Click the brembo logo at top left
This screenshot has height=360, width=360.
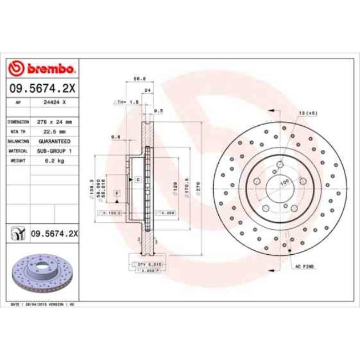(43, 69)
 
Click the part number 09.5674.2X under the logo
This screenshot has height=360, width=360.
(43, 88)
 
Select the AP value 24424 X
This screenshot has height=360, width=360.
(55, 102)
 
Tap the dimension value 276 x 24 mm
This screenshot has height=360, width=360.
(55, 121)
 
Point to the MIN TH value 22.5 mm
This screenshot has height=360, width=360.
(55, 131)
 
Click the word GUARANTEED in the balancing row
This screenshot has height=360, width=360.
(55, 141)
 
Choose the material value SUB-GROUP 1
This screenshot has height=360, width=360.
(55, 151)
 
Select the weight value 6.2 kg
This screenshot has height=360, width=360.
(55, 161)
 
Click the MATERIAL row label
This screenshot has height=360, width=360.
(18, 151)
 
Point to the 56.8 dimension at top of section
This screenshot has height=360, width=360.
(140, 79)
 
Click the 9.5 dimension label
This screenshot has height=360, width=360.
(157, 111)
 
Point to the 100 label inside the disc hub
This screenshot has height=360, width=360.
(284, 181)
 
